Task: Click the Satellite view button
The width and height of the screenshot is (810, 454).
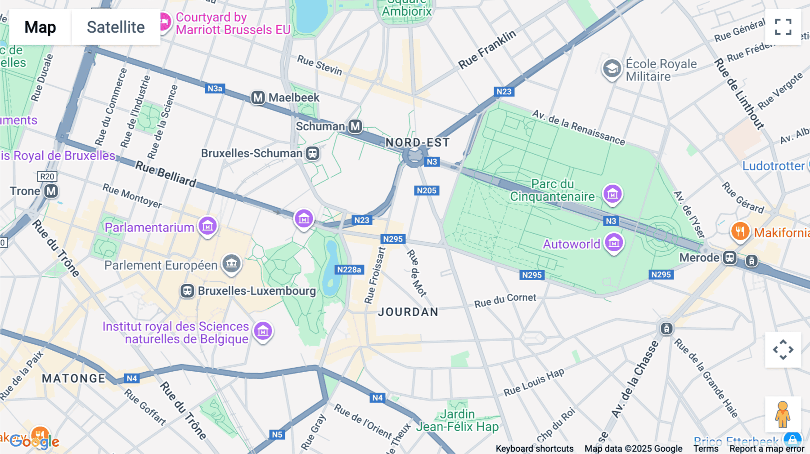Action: coord(116,27)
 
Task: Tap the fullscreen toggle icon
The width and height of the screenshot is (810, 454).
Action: coord(783,27)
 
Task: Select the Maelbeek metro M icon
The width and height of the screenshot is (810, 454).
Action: coord(258,98)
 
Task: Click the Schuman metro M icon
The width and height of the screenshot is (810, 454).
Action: coord(355,126)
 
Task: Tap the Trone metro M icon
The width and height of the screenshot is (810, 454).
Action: coord(51,191)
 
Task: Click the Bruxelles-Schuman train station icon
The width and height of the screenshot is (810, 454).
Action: coord(312,153)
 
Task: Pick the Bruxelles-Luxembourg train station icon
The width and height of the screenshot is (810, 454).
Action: coord(187,291)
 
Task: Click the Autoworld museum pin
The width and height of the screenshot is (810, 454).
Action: coord(614,243)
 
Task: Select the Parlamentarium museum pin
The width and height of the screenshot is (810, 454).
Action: coord(207,226)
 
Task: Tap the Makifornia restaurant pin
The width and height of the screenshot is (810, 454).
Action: coord(740,231)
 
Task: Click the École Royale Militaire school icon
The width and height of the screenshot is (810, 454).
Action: coord(612,69)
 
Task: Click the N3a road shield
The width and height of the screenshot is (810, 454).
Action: coord(215,89)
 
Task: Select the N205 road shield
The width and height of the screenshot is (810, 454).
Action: coord(427,191)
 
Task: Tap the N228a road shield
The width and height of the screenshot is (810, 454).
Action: coord(349,270)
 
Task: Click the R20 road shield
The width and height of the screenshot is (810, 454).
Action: coord(47,177)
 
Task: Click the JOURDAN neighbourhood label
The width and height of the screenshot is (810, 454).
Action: coord(408,312)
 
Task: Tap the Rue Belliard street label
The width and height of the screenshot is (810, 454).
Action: coord(166,174)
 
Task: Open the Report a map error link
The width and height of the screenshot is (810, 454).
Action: coord(767,449)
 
